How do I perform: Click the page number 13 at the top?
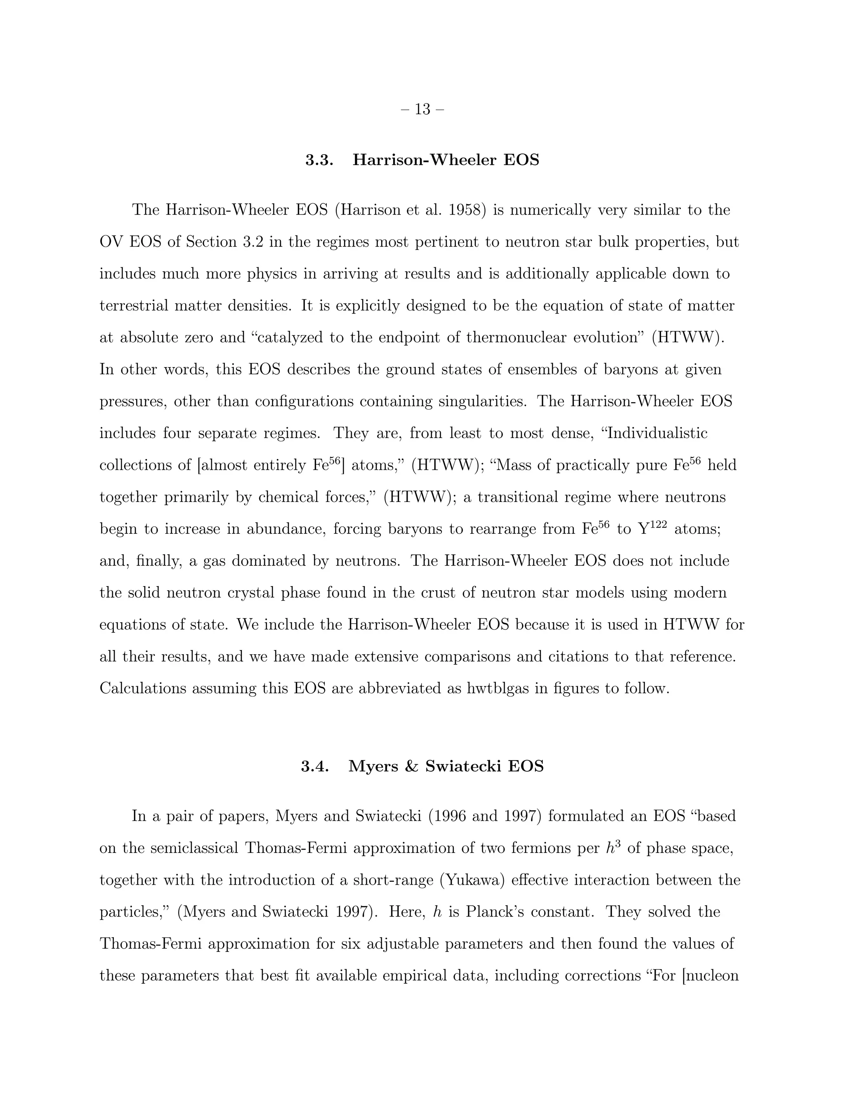[x=422, y=109]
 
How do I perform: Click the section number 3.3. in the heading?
[x=319, y=160]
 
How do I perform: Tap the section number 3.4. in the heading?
[x=314, y=766]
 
